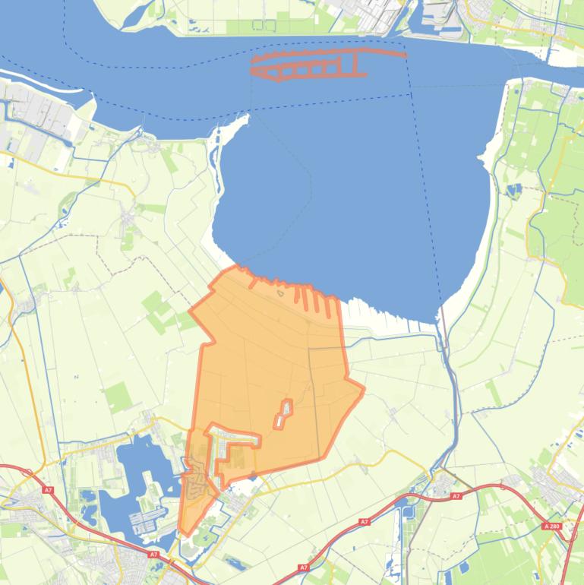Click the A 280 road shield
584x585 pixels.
click(552, 526)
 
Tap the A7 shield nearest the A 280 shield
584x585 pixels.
click(456, 496)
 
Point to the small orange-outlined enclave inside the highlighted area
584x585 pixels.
click(284, 413)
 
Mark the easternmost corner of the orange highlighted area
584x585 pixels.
click(364, 390)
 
